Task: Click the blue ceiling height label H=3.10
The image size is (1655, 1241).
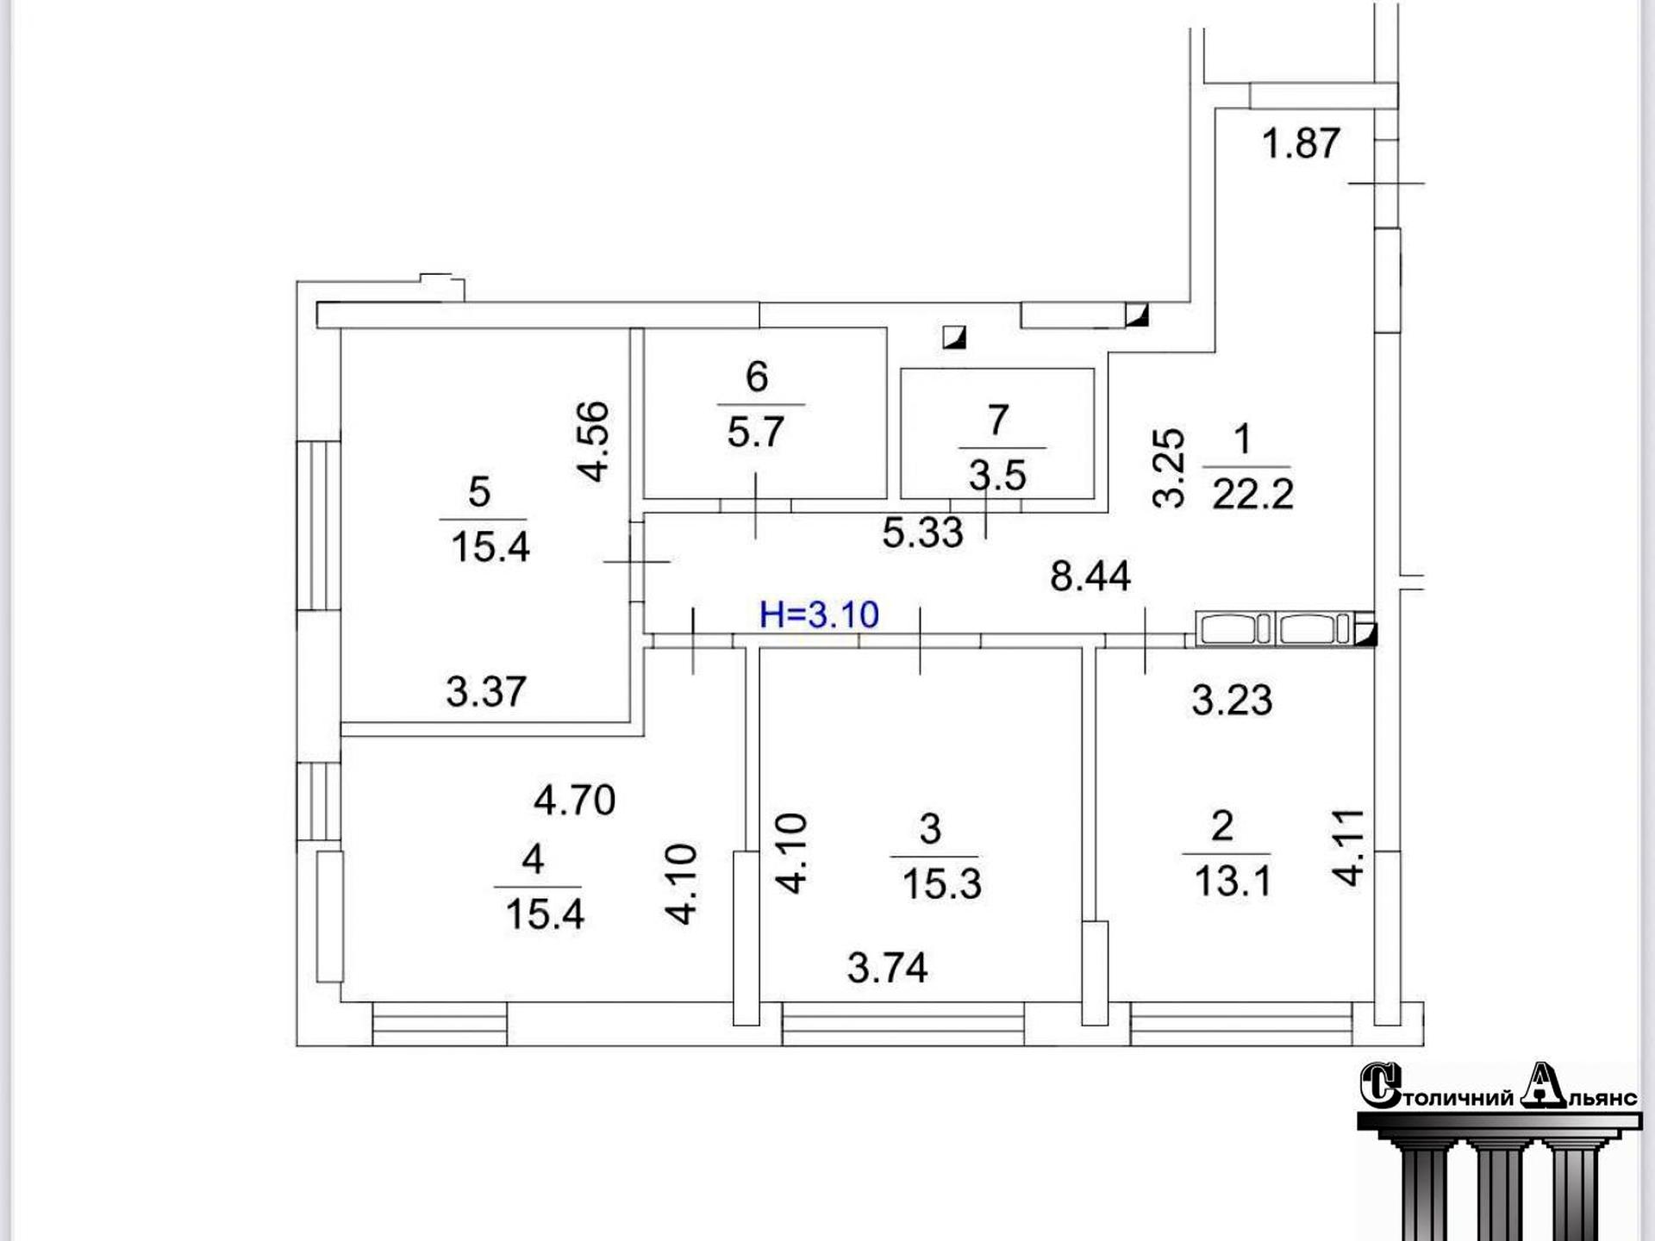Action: click(819, 614)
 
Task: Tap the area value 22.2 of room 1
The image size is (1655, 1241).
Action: click(1252, 495)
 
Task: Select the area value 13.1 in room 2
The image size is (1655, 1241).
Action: click(1233, 881)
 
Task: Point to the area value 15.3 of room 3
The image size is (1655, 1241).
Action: click(941, 884)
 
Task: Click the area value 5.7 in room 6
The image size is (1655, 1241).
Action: click(755, 432)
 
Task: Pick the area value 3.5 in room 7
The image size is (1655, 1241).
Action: click(997, 475)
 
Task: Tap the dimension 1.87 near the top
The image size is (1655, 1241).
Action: click(1301, 143)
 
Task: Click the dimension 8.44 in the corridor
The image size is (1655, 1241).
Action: click(1090, 576)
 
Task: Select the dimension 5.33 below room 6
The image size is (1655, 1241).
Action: click(922, 533)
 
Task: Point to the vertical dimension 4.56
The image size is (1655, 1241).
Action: click(594, 441)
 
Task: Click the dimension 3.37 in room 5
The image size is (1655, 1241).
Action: click(485, 691)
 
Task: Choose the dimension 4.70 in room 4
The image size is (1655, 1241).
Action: click(574, 801)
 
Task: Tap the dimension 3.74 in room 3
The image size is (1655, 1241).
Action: click(887, 968)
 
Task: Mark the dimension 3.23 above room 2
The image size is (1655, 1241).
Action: click(1232, 700)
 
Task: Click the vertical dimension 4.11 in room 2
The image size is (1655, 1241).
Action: click(1349, 848)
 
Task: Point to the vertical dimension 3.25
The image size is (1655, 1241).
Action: click(1169, 468)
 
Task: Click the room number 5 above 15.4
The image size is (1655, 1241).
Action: click(479, 492)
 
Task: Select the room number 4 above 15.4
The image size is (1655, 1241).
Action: click(533, 858)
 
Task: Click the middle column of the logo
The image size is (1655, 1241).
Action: click(1500, 1189)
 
